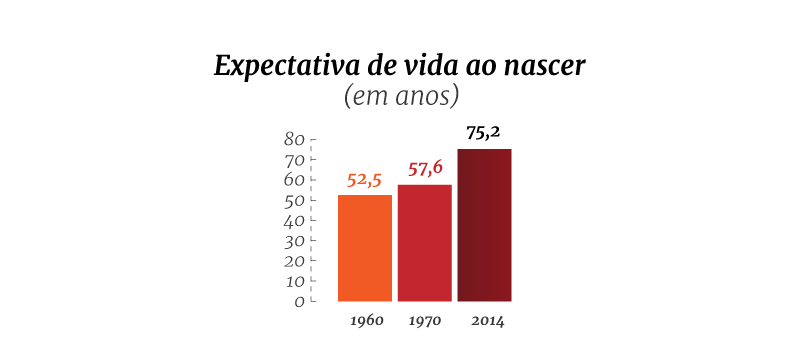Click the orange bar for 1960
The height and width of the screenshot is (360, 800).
coord(365,248)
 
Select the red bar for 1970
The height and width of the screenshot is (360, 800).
coord(424,243)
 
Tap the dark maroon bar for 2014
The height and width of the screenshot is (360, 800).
coord(484,225)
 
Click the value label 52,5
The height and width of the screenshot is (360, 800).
coord(364,181)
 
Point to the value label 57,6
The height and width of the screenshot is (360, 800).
coord(425,168)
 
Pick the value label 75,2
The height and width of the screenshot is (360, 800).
coord(483,133)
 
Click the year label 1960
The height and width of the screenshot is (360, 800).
coord(367,321)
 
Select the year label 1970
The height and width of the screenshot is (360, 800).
coord(426,321)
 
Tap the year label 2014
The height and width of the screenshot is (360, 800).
coord(488,321)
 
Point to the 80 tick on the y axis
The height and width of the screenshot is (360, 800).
coord(294,140)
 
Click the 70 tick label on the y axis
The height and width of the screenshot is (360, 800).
coord(294,160)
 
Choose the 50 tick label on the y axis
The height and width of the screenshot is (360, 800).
coord(294,200)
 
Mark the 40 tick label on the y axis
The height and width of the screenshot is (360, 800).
coord(294,220)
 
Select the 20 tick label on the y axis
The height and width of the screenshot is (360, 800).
coord(294,261)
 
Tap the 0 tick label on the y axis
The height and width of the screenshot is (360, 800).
coord(299,302)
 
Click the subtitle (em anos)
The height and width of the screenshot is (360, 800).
coord(401,97)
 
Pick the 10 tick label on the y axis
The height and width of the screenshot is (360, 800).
coord(294,281)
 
